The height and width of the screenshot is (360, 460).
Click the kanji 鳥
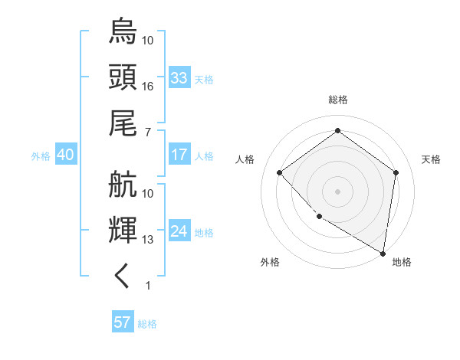[123, 31]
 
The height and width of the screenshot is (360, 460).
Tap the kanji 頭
[123, 77]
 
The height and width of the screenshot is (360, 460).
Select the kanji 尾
[123, 123]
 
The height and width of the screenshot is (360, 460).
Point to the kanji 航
[123, 185]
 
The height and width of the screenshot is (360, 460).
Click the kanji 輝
[123, 231]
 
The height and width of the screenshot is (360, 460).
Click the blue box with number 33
[179, 78]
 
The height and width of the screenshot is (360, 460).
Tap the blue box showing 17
[179, 155]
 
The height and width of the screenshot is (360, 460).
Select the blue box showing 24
[179, 231]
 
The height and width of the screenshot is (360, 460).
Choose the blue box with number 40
[66, 155]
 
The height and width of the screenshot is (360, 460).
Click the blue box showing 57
[123, 322]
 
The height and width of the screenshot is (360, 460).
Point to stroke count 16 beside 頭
[148, 87]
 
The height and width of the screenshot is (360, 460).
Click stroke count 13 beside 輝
[148, 240]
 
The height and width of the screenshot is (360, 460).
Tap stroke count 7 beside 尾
[147, 133]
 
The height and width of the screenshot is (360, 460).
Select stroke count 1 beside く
[147, 286]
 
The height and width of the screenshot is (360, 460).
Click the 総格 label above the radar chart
[338, 100]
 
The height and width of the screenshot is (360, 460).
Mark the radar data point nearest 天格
[396, 172]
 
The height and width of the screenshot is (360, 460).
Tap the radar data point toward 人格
[280, 172]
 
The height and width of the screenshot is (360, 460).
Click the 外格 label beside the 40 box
[41, 155]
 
